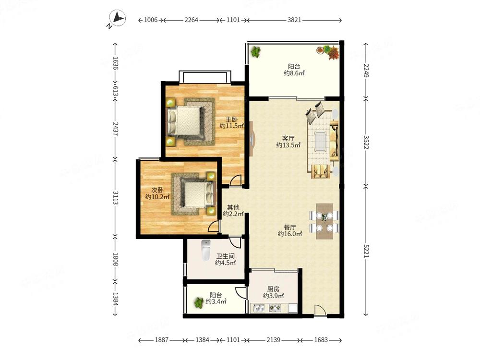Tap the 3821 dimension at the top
pos(294,20)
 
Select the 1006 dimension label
pos(151,20)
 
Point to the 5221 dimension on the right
pos(366,251)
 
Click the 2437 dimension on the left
pos(115,129)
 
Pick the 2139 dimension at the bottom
pos(274,340)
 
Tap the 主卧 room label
pos(231,120)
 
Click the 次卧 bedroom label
pos(157,190)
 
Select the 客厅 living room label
pos(288,139)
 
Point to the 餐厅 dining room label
pos(289,228)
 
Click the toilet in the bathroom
pos(206,250)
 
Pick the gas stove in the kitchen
pos(275,308)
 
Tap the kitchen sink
pos(258,308)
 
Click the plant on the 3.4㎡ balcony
pos(199,303)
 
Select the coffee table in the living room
pos(320,142)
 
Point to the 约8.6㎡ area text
pos(294,73)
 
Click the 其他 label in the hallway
pos(233,207)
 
